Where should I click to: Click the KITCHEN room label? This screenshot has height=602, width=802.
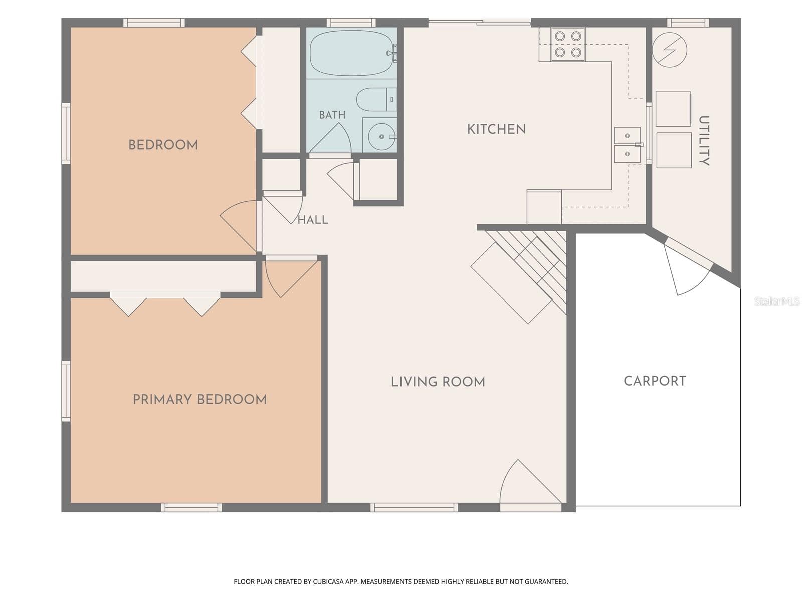[x=496, y=129]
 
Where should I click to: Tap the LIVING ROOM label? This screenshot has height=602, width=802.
[x=438, y=382]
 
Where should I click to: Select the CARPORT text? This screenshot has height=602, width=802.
[x=655, y=381]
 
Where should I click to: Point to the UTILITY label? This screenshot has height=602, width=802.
[x=704, y=141]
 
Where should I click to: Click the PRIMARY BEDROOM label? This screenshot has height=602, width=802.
[x=199, y=399]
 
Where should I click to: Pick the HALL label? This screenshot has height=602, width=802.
[x=313, y=220]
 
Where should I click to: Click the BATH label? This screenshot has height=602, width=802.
[x=332, y=115]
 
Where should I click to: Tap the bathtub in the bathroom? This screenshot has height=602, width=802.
[x=353, y=53]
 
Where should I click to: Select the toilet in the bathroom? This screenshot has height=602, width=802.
[x=376, y=99]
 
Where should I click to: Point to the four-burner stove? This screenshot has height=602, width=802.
[x=568, y=44]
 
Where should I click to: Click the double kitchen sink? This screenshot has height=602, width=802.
[x=627, y=145]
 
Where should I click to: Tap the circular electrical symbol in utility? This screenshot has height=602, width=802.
[x=669, y=50]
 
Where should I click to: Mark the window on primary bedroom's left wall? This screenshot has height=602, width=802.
[x=66, y=391]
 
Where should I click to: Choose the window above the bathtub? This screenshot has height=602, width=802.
[x=351, y=22]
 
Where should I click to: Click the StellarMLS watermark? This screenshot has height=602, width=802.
[x=777, y=301]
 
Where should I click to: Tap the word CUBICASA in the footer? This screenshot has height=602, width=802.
[x=328, y=581]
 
